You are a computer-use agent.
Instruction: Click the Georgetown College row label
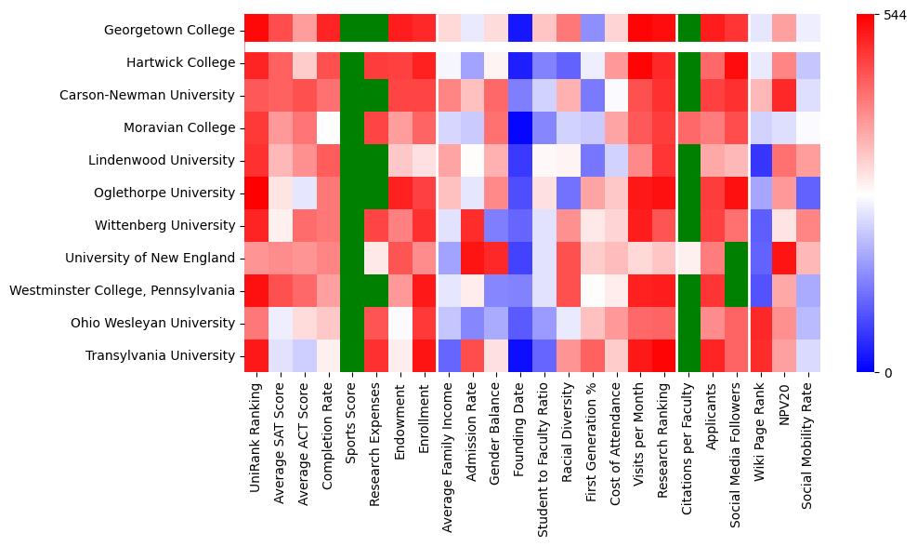click(x=169, y=31)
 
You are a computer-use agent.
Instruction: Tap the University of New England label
click(x=164, y=258)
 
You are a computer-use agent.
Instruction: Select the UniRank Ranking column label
click(x=255, y=432)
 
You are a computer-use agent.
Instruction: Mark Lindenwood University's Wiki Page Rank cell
click(x=762, y=161)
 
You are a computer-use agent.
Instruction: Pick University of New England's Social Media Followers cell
click(x=738, y=258)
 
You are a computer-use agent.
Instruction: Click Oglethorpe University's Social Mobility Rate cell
click(x=809, y=193)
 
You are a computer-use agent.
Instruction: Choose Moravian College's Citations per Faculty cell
click(x=689, y=128)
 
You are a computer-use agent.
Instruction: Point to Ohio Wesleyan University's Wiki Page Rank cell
click(x=762, y=323)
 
